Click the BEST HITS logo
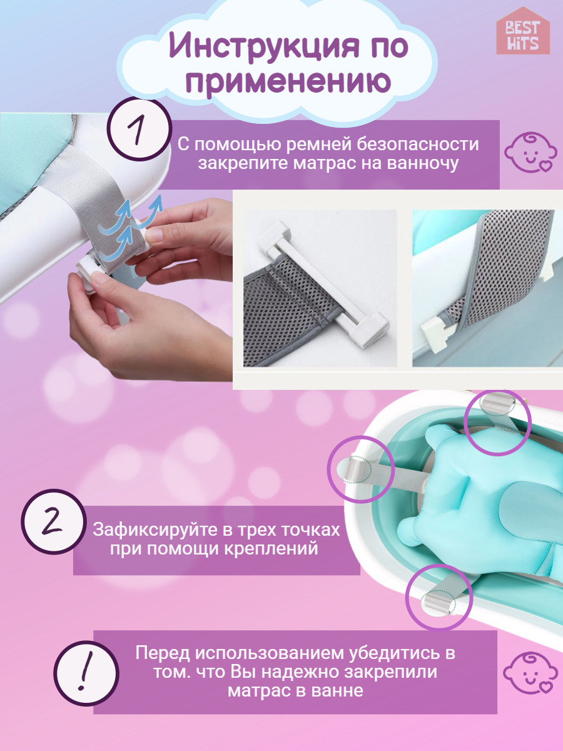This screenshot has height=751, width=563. pos(523,31)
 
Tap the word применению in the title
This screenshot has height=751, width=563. pos(288,83)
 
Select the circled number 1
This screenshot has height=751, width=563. pos(141,129)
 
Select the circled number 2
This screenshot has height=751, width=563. pos(53,521)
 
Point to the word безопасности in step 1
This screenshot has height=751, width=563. pos(418,145)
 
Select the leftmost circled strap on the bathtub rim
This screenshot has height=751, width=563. pos(361,469)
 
